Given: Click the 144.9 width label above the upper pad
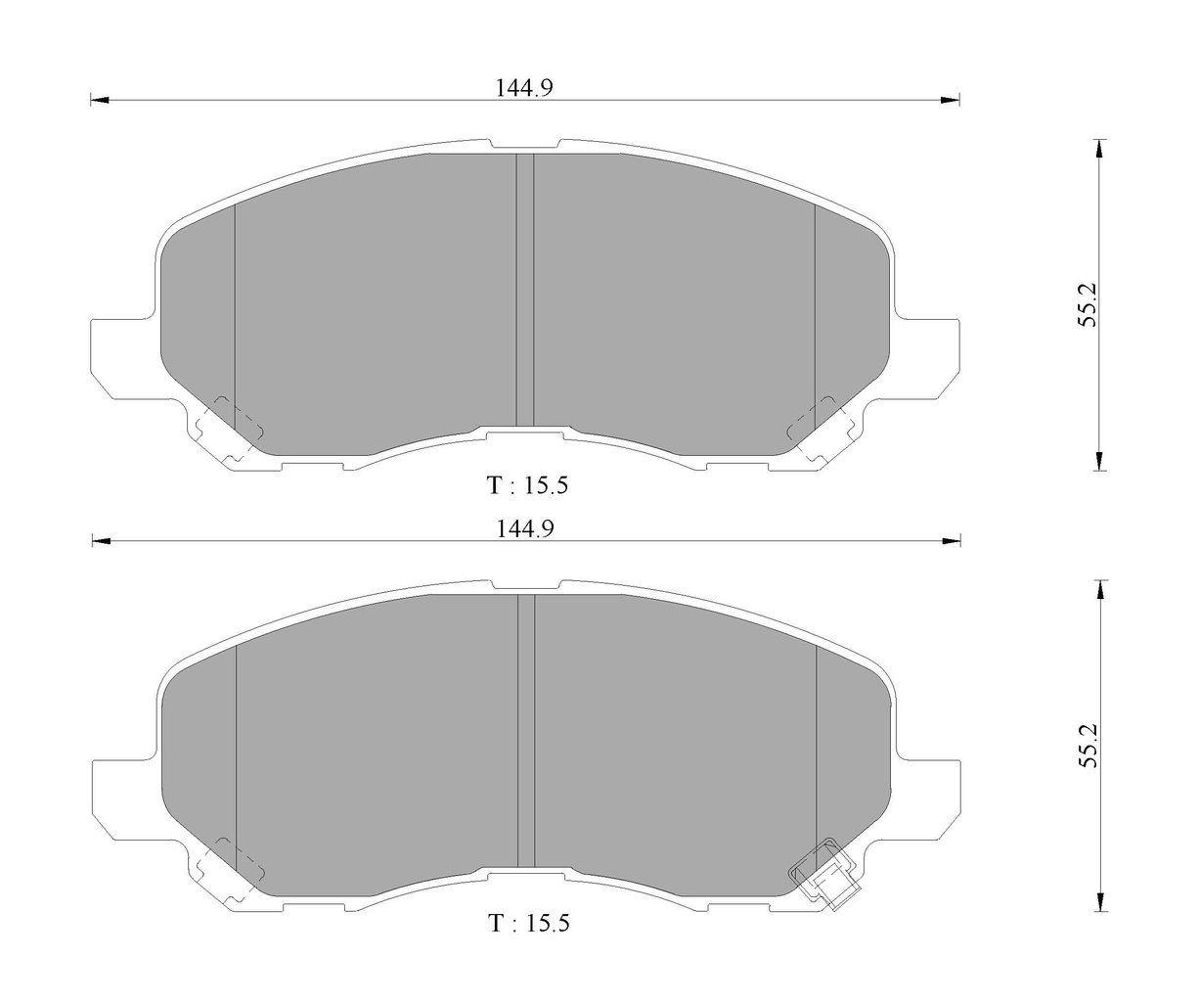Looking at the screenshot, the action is click(523, 88).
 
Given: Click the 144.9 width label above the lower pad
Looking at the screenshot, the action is click(525, 528).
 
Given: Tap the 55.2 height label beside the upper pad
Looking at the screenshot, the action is click(1088, 305).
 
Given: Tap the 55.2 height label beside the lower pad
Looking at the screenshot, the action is click(1088, 745).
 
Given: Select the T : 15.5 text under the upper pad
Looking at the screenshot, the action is click(527, 485).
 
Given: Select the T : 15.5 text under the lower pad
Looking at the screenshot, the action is click(529, 923).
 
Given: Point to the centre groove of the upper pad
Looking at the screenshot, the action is click(525, 290).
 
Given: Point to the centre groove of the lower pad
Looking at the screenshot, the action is click(526, 731).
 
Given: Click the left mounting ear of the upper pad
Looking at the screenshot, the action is click(123, 356).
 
